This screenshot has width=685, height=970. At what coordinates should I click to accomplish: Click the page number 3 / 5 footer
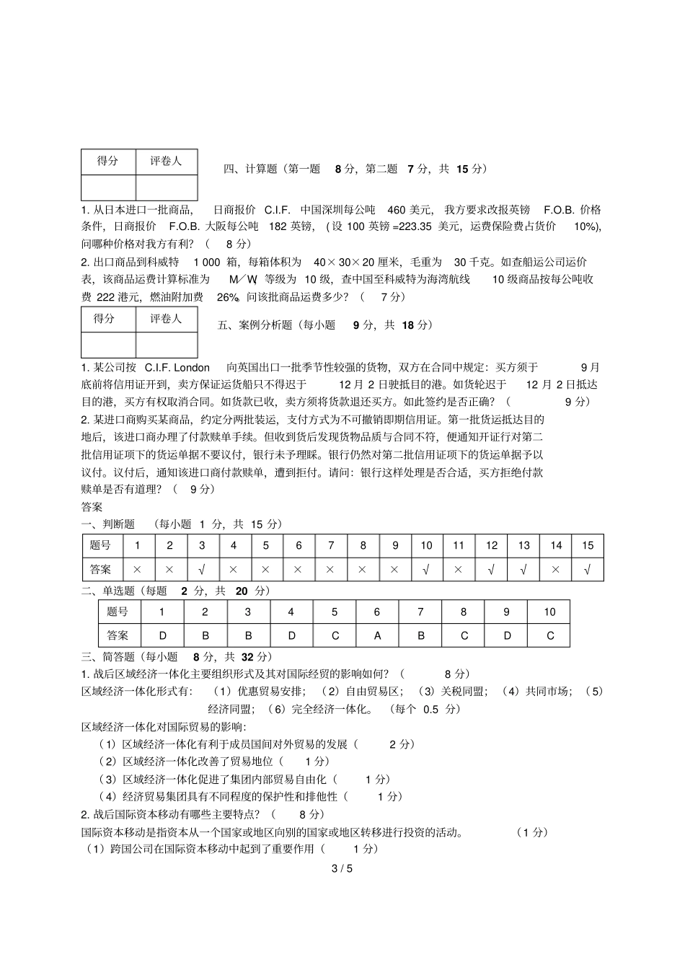(x=342, y=868)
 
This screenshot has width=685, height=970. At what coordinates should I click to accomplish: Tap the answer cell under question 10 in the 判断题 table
(x=426, y=569)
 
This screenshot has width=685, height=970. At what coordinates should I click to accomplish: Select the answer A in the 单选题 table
(x=377, y=635)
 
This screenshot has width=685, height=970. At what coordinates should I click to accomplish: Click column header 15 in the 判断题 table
(x=588, y=545)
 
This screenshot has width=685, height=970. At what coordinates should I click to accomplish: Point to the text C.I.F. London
(x=177, y=367)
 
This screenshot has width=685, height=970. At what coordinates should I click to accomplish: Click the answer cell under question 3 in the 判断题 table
(x=201, y=569)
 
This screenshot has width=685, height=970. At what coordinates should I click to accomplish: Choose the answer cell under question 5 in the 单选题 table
(x=334, y=635)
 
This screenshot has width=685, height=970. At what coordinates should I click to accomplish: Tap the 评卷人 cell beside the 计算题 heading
(x=166, y=162)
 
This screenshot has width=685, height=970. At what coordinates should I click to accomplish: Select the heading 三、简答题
(x=108, y=656)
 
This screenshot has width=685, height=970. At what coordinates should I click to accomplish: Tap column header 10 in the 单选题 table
(x=549, y=612)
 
